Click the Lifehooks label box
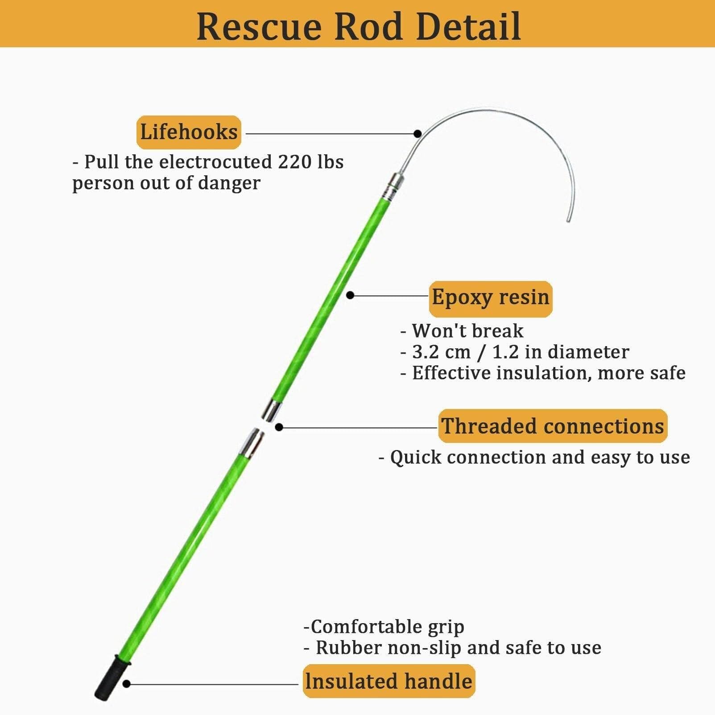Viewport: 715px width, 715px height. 189,132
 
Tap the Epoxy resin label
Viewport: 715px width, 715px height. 490,299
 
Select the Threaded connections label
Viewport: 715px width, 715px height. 553,426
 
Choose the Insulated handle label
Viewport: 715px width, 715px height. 388,681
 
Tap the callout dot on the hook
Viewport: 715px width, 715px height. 417,133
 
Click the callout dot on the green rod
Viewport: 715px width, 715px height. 350,295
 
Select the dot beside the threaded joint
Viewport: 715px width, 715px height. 279,427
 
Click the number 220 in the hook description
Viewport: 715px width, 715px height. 294,162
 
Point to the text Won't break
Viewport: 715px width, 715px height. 467,331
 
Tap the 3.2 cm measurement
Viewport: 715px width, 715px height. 441,352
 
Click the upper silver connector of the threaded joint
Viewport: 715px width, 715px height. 271,411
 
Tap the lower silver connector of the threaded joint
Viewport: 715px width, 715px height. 252,443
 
